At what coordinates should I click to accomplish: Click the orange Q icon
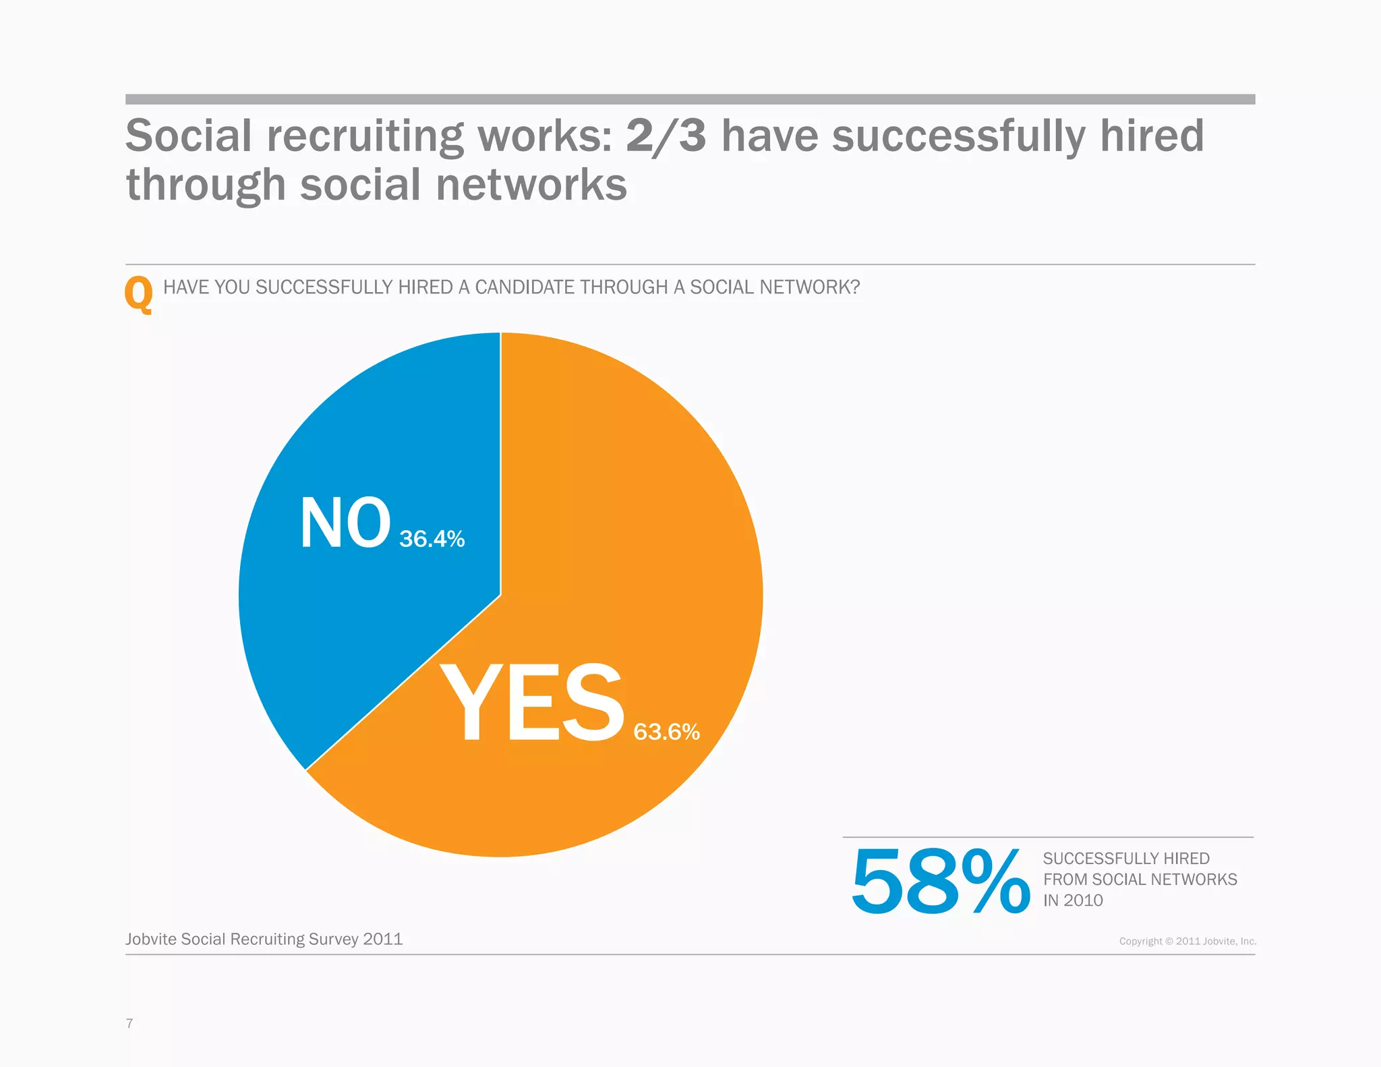point(139,294)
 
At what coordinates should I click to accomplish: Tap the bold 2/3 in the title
point(666,136)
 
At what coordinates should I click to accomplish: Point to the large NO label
point(345,523)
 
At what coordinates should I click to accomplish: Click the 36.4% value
point(432,539)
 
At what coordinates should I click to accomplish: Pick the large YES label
point(531,703)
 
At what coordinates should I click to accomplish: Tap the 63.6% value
point(666,732)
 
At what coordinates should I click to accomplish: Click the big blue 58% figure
point(940,882)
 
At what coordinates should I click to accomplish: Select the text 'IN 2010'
point(1073,900)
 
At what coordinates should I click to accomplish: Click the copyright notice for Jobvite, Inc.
point(1187,941)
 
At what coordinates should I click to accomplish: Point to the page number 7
point(129,1023)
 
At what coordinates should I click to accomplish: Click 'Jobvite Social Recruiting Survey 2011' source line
point(264,939)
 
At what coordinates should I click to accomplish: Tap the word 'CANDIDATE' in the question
point(525,287)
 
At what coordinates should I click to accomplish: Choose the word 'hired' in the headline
point(1152,136)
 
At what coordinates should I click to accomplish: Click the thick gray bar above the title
point(690,99)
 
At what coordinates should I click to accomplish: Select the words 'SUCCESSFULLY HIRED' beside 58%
point(1126,859)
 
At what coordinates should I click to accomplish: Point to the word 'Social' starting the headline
point(189,136)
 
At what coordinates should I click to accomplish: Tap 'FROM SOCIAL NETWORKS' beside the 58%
point(1140,879)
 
